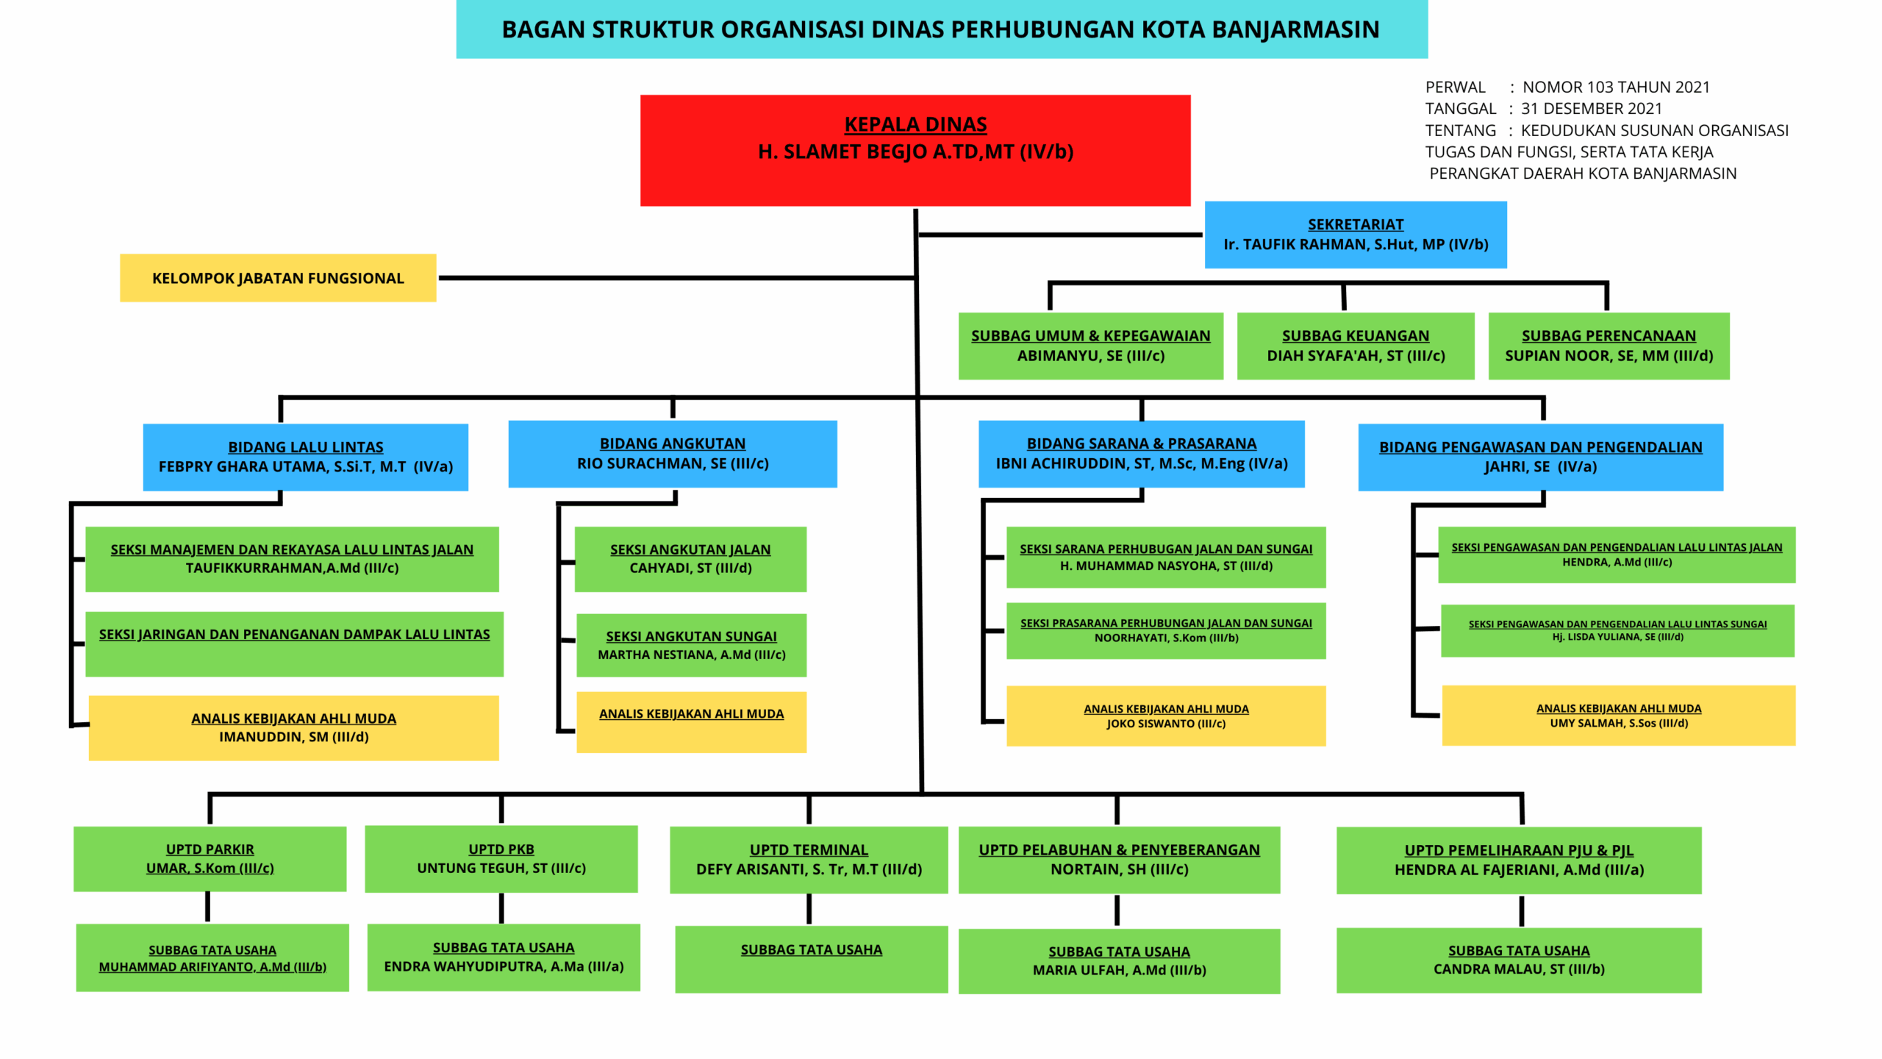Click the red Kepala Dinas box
pyautogui.click(x=915, y=150)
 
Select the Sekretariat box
pyautogui.click(x=1355, y=235)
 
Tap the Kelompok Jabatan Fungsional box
pyautogui.click(x=278, y=278)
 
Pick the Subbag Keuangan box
pyautogui.click(x=1355, y=346)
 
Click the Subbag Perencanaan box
pyautogui.click(x=1609, y=346)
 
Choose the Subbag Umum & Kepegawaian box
pyautogui.click(x=1090, y=346)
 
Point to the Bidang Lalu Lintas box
pyautogui.click(x=305, y=457)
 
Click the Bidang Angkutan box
pyautogui.click(x=672, y=454)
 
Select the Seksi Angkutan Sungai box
pyautogui.click(x=691, y=645)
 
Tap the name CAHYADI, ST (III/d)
pyautogui.click(x=690, y=568)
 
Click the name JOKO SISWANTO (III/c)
pyautogui.click(x=1166, y=724)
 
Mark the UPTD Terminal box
pyautogui.click(x=809, y=860)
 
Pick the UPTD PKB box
pyautogui.click(x=501, y=859)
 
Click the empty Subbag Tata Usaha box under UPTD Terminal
pyautogui.click(x=811, y=960)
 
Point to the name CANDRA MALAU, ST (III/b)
pyautogui.click(x=1519, y=969)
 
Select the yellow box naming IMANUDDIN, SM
pyautogui.click(x=293, y=728)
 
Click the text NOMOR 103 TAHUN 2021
pyautogui.click(x=1616, y=87)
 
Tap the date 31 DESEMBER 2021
pyautogui.click(x=1591, y=109)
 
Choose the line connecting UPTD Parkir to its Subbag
pyautogui.click(x=208, y=908)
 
